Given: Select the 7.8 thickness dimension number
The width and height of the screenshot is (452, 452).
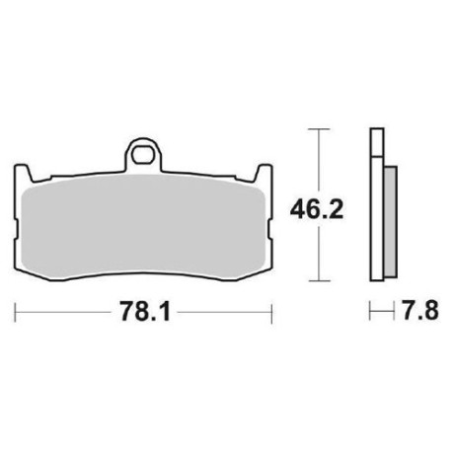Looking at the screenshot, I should pyautogui.click(x=408, y=311).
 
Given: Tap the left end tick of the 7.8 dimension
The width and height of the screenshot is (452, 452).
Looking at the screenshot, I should pyautogui.click(x=369, y=311).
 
